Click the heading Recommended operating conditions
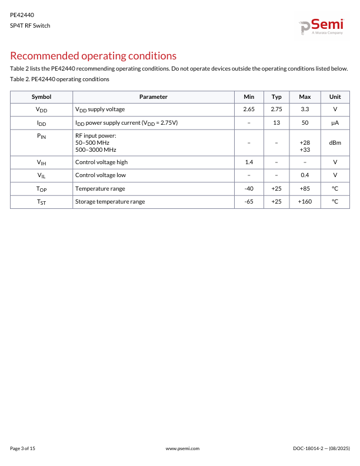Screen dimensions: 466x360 94,56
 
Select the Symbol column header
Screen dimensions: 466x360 41,96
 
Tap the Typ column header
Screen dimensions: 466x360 276,96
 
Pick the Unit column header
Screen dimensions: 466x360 335,96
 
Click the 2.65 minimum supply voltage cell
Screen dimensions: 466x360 249,109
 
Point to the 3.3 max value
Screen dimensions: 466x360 305,109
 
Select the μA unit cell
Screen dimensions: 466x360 335,122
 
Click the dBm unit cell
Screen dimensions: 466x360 335,142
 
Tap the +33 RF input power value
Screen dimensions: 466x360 305,149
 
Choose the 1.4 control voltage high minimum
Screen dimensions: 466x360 249,162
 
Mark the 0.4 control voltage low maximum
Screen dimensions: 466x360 305,175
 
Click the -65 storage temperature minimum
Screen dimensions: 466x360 249,201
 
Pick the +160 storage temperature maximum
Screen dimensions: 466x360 305,201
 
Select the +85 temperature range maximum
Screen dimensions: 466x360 305,188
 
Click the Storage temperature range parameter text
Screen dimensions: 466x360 110,201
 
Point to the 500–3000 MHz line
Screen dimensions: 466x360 96,149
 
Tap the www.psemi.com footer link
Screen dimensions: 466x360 183,448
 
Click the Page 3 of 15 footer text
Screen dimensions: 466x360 23,448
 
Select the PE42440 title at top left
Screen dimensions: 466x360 22,15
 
